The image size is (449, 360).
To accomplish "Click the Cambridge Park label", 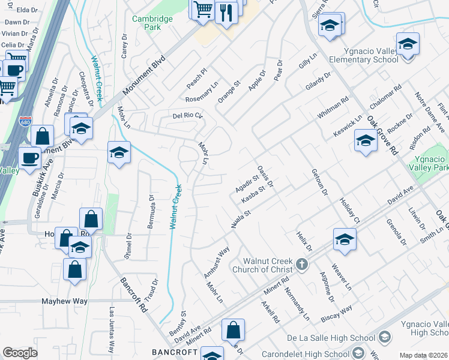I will click(152, 23).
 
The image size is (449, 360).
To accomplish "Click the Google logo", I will click(20, 352).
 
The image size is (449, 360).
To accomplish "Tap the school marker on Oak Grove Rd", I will click(366, 140).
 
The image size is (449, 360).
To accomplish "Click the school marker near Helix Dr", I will click(345, 239).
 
